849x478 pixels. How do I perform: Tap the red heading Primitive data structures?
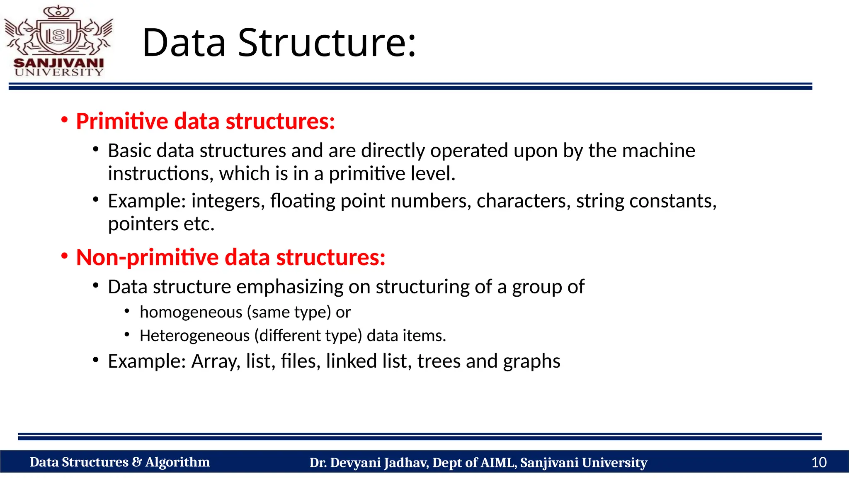[205, 121]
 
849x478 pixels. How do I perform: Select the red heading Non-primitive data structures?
[230, 257]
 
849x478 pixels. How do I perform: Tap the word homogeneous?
[191, 312]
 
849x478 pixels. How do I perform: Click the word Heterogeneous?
[194, 336]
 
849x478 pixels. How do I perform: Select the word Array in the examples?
[216, 361]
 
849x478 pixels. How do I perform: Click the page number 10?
[819, 462]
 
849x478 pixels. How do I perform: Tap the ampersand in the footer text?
[137, 462]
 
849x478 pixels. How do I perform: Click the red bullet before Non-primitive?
[64, 256]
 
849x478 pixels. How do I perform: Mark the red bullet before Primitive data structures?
[64, 120]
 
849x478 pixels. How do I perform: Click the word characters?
[523, 201]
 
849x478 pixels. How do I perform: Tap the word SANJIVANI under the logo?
[58, 63]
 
